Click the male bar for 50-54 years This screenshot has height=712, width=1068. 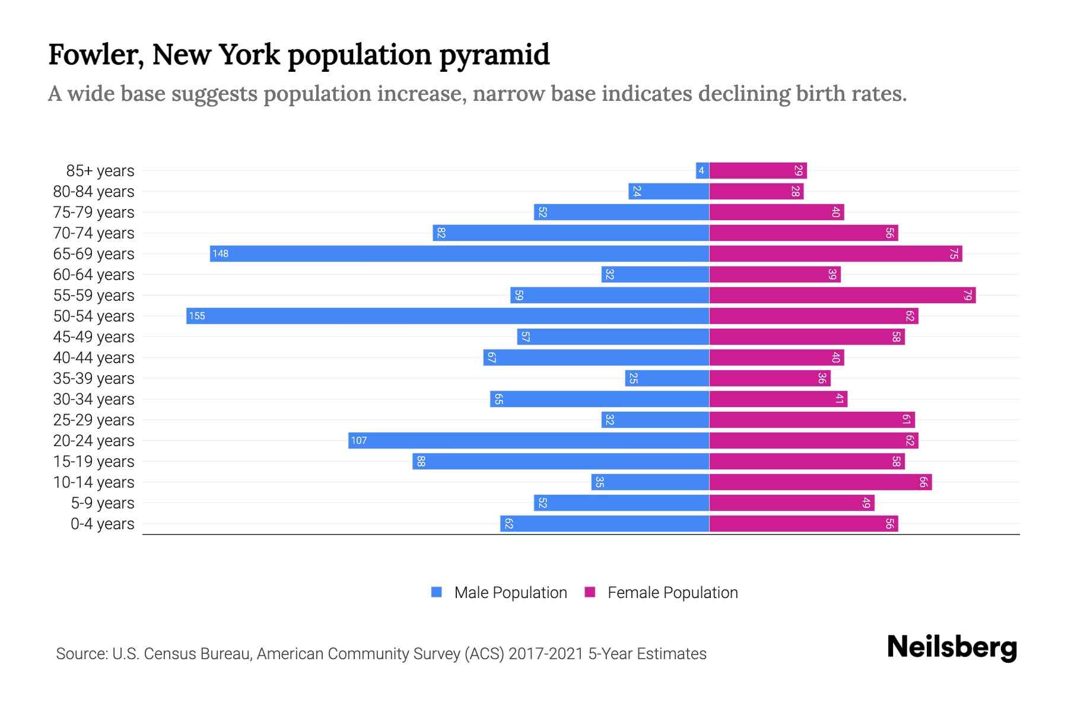(x=448, y=316)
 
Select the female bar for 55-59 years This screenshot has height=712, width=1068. (x=843, y=295)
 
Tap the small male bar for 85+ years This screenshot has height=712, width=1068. (x=703, y=171)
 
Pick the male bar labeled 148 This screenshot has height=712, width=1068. (x=460, y=253)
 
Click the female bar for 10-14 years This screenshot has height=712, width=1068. (x=821, y=482)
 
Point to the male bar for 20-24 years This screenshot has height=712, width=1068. (x=529, y=440)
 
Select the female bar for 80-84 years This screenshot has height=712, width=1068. (x=757, y=191)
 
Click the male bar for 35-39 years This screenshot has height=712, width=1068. (x=667, y=378)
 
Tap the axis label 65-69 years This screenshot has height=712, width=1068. (x=94, y=254)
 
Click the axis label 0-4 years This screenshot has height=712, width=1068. (x=102, y=524)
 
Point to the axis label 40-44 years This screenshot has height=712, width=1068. (x=94, y=358)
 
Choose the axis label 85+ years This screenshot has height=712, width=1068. (x=100, y=171)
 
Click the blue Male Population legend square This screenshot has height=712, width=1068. (x=437, y=592)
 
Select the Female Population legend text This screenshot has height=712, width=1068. (x=672, y=593)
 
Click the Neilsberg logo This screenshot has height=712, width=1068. (x=952, y=647)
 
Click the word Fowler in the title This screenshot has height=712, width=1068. (x=95, y=55)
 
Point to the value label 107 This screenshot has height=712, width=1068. (x=359, y=440)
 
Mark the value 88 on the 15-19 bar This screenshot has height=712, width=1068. (x=421, y=461)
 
